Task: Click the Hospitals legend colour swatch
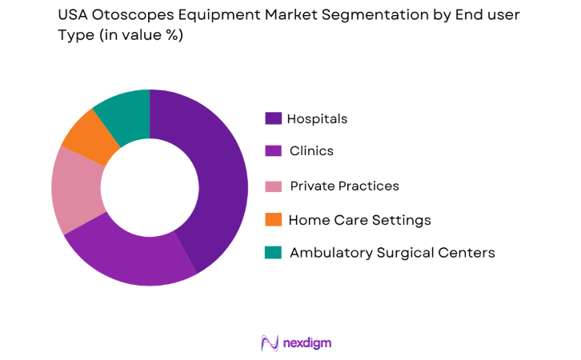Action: tap(273, 118)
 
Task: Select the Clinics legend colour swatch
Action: tap(273, 150)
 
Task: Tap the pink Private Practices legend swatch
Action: tap(273, 186)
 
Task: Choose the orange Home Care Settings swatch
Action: tap(273, 219)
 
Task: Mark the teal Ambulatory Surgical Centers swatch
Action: tap(273, 253)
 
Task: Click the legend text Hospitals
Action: tap(318, 118)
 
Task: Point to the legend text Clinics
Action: tap(311, 150)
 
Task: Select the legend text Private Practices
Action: tap(344, 186)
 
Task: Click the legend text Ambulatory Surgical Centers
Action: tap(392, 253)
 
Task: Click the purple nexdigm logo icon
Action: tap(269, 342)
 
